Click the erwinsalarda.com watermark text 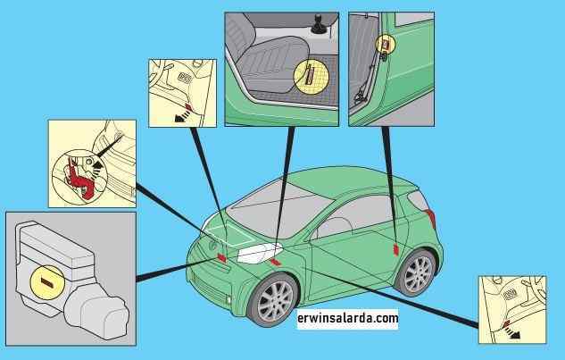pos(348,318)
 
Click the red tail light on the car pos(431,219)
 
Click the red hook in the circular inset pos(80,178)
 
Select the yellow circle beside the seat pos(312,77)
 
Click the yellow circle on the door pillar pos(386,44)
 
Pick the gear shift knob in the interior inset pos(319,24)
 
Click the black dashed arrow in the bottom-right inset pos(512,332)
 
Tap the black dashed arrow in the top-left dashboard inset pos(183,116)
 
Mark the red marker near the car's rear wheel pos(396,249)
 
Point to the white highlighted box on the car pos(258,253)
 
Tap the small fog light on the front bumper pos(228,299)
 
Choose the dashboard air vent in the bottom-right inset pos(510,295)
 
